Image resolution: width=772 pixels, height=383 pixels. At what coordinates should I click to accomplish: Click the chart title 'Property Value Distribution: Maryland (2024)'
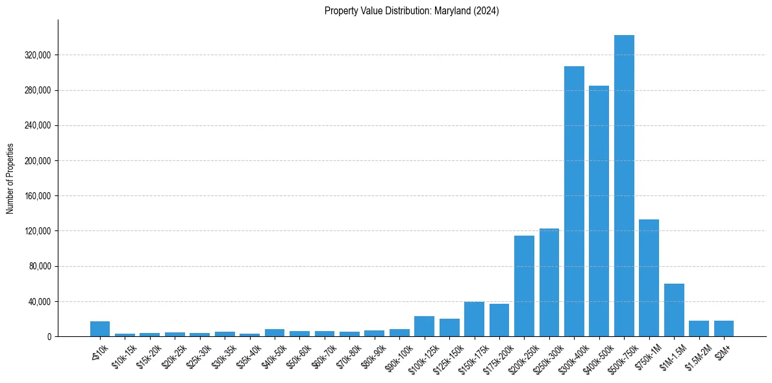point(412,11)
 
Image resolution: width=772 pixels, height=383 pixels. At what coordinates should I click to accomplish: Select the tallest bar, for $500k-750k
point(624,186)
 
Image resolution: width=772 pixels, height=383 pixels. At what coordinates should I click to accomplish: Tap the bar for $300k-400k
point(574,201)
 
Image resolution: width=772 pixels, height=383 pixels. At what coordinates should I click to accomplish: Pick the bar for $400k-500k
point(599,211)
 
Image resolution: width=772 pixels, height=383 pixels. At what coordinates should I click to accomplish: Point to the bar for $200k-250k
point(524,286)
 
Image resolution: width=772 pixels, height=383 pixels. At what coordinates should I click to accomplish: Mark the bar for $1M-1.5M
point(674,310)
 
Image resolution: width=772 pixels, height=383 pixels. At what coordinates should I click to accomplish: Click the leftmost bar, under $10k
point(100,328)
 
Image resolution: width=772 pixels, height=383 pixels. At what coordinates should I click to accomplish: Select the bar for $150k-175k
point(474,319)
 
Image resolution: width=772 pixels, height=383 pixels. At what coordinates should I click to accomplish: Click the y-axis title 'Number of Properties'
point(10,178)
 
